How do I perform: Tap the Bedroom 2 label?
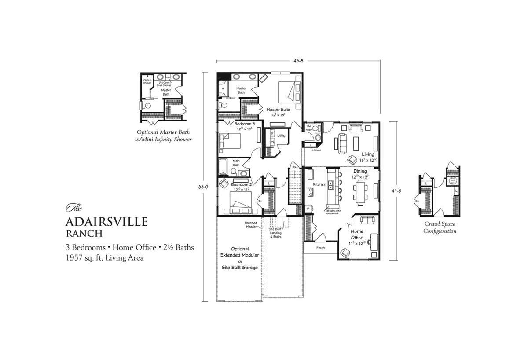[241, 184]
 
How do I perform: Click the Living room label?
[368, 154]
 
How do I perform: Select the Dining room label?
[360, 171]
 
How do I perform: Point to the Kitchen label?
[319, 184]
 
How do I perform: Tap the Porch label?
[320, 247]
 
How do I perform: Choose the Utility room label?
[281, 136]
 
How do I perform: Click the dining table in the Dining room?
[360, 192]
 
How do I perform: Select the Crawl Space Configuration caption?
[440, 227]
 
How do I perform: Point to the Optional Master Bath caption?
[164, 136]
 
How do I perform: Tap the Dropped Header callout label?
[251, 224]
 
